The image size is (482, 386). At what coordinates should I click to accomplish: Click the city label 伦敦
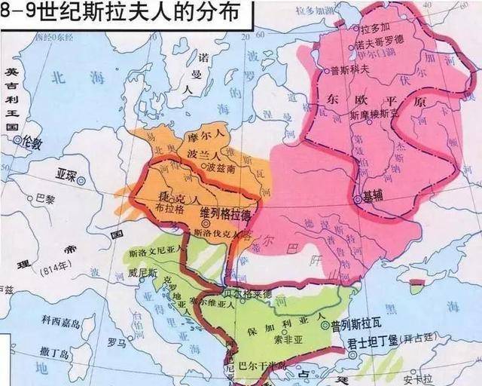tap(35, 141)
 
